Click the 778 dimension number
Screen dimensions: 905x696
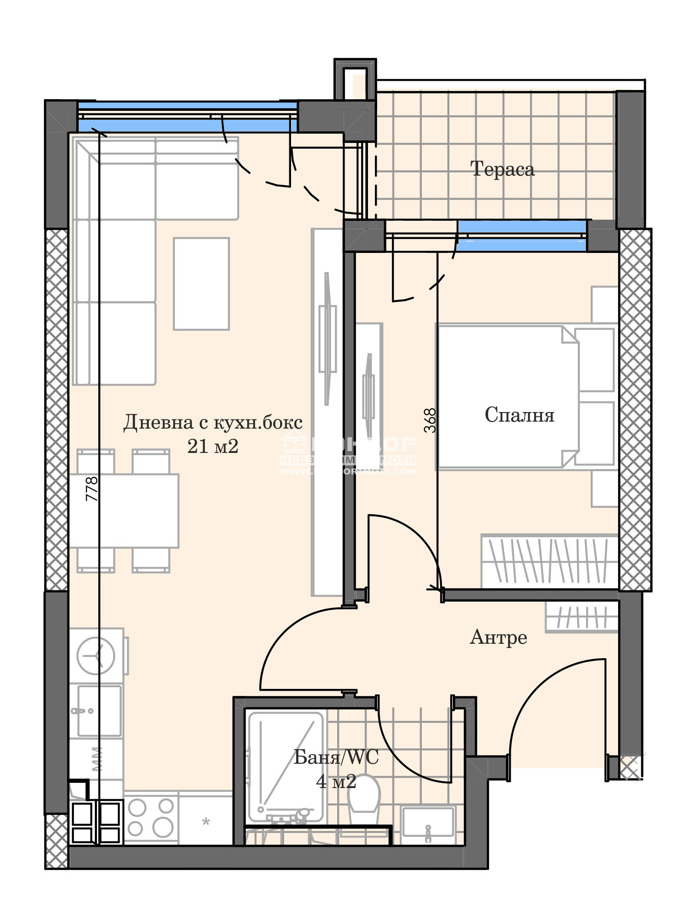pos(92,489)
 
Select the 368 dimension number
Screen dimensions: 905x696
pos(430,420)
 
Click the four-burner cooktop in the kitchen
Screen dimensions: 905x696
pos(151,817)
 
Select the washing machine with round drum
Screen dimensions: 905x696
pos(97,655)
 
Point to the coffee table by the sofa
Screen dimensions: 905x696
pos(201,283)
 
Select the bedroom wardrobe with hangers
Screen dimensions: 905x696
pos(549,561)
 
